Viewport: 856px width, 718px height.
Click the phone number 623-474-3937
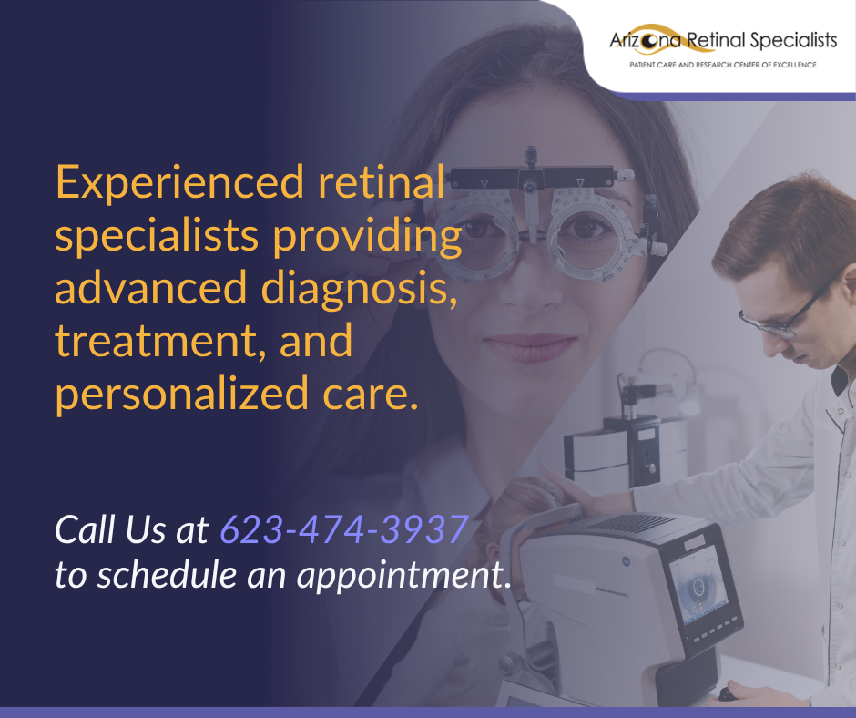344,529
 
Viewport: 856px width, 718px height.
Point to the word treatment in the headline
160,342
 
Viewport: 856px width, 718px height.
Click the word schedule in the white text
167,574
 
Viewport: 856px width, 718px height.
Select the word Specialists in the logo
793,41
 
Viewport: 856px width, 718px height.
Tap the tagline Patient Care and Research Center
723,65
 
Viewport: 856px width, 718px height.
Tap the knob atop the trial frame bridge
530,155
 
